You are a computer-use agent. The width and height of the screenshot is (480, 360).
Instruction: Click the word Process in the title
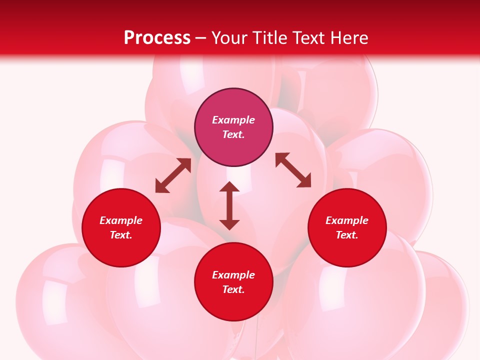pyautogui.click(x=157, y=38)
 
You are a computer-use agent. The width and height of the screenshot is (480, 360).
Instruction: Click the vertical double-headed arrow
pyautogui.click(x=229, y=205)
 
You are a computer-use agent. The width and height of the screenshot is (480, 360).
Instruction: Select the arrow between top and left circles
pyautogui.click(x=173, y=175)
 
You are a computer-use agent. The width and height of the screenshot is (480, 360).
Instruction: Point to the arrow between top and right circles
pyautogui.click(x=293, y=170)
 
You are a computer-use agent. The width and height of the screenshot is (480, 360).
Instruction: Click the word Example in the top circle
pyautogui.click(x=233, y=120)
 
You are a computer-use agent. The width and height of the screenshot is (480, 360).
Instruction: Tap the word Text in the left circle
pyautogui.click(x=121, y=235)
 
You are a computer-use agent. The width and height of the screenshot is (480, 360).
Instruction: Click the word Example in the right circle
pyautogui.click(x=347, y=220)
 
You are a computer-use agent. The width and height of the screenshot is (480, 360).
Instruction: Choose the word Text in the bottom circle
pyautogui.click(x=233, y=289)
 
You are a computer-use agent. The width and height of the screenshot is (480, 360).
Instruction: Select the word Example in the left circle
pyautogui.click(x=121, y=220)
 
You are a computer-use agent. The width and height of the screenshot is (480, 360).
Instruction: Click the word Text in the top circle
pyautogui.click(x=233, y=134)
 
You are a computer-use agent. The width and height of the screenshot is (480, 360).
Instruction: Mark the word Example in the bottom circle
pyautogui.click(x=233, y=275)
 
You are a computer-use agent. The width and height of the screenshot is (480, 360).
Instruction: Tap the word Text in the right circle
pyautogui.click(x=347, y=235)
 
